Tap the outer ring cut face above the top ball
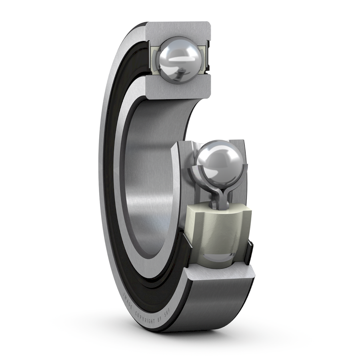coord(178,29)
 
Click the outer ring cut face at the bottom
coord(220,276)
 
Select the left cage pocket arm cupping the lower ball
coord(196,172)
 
